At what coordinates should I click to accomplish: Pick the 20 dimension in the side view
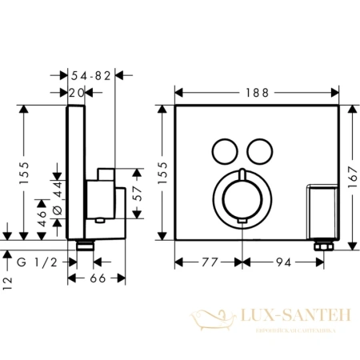click(76, 93)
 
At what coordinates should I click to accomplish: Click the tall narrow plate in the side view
click(74, 172)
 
